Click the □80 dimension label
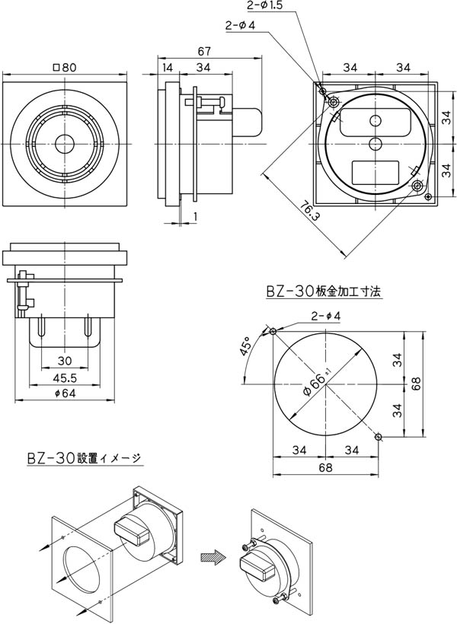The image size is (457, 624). pos(64,67)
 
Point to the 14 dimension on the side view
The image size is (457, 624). pos(167,67)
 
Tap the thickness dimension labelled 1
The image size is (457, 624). pos(195,216)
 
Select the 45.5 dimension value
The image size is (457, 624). pos(65,377)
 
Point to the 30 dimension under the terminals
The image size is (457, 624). pos(65,361)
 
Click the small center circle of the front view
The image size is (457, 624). pos(64,143)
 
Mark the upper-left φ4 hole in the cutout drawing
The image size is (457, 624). pos(273,331)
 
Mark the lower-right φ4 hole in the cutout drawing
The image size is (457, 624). pos(379,436)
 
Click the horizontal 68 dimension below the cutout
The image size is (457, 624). pos(325,466)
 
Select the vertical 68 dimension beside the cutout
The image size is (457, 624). pos(416,385)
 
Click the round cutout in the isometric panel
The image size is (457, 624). pos(81,567)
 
